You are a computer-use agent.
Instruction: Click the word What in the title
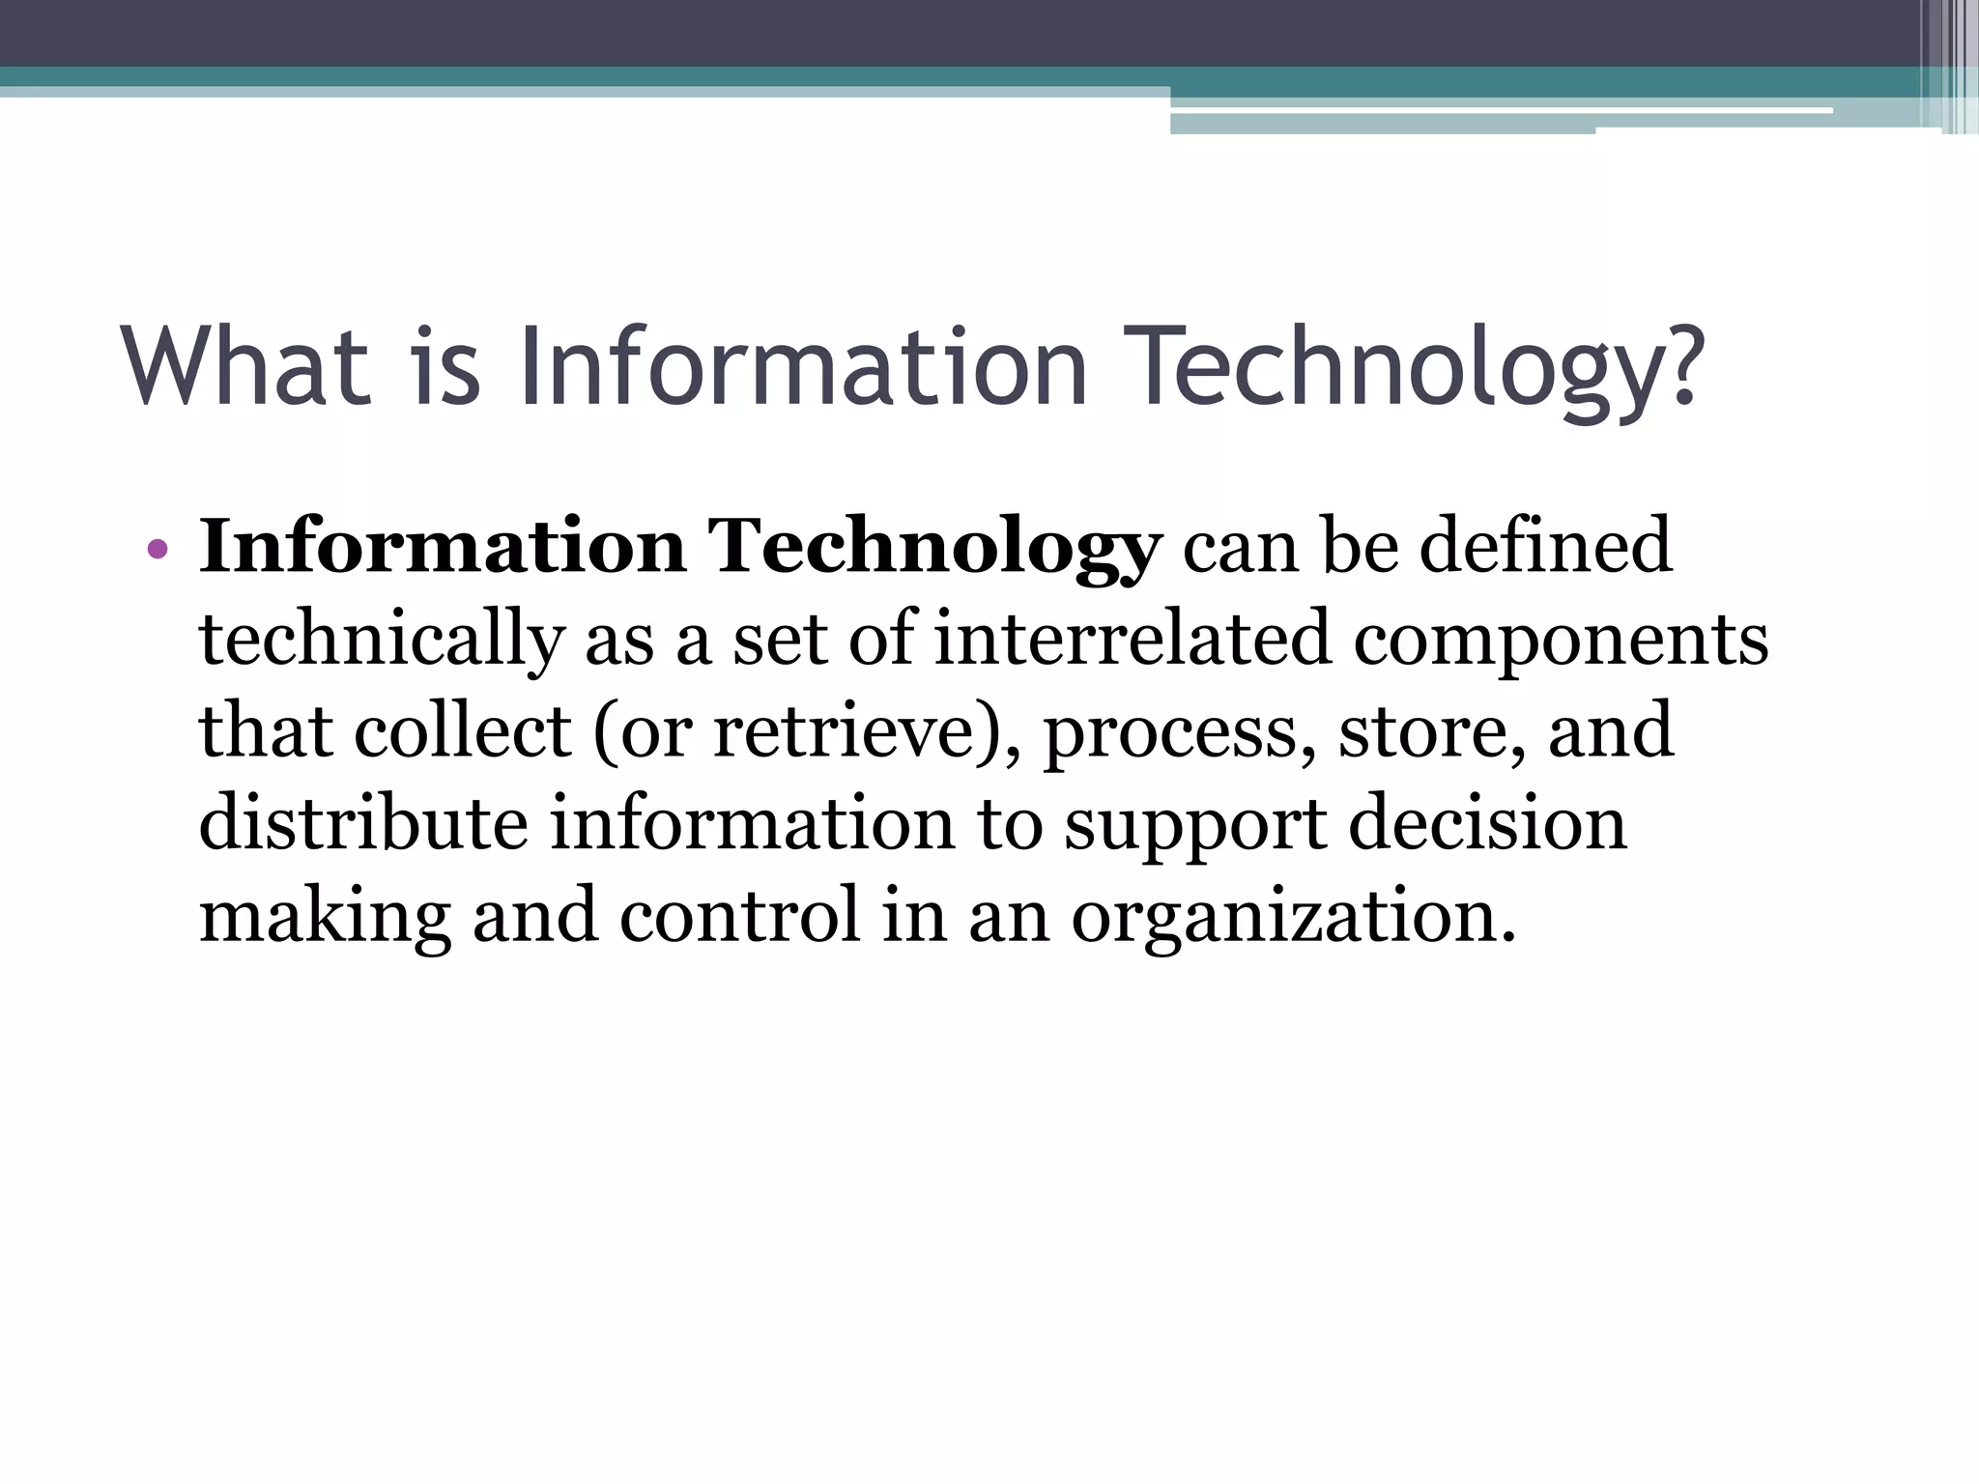coord(246,367)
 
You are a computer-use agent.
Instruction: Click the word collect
coord(463,731)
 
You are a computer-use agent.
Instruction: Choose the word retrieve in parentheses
coord(842,731)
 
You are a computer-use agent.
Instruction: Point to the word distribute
coord(363,823)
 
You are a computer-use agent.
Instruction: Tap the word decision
coord(1487,823)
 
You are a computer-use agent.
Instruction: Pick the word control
coord(738,915)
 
